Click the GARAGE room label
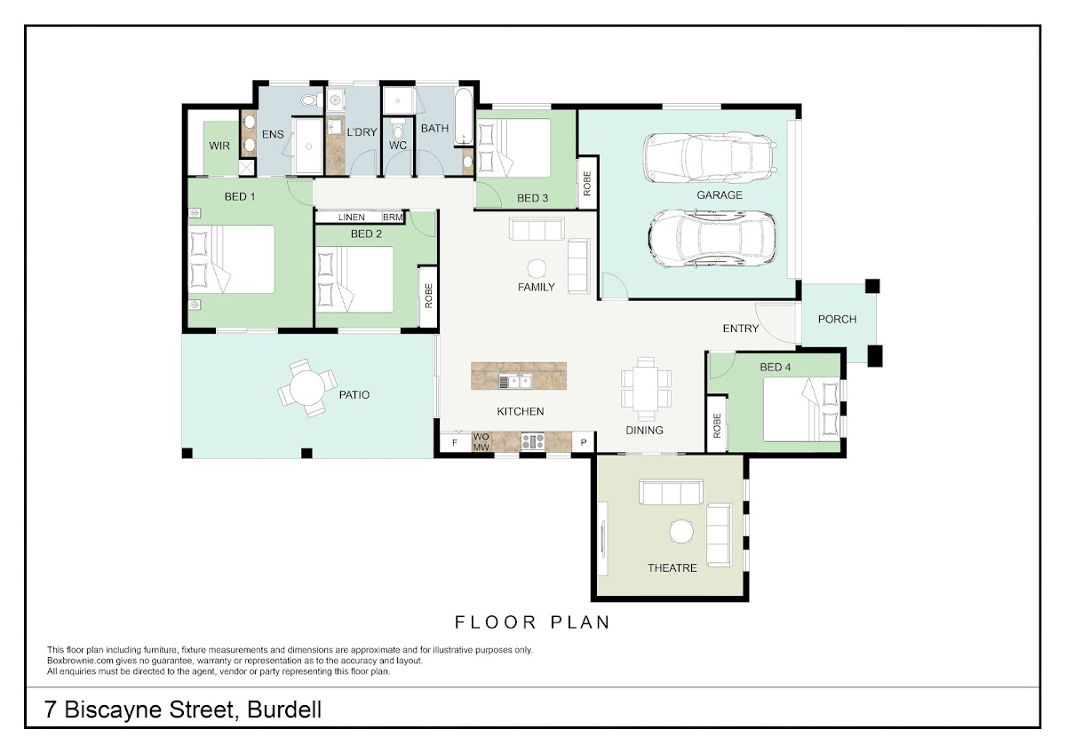pos(719,195)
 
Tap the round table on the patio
pos(307,388)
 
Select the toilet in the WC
pos(398,129)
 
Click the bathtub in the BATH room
pos(464,115)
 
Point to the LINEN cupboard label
pos(351,218)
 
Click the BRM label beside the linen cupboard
pos(393,218)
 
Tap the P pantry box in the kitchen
pos(584,443)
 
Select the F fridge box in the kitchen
pos(455,443)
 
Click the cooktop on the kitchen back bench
pos(533,441)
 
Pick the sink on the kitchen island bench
pos(515,381)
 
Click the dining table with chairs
pos(646,389)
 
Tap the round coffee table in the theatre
pos(681,531)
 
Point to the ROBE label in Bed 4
pos(717,425)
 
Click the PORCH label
pos(837,319)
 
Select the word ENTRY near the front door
pos(741,329)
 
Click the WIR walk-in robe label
pos(219,146)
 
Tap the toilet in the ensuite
pos(311,100)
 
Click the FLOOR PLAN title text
pos(532,622)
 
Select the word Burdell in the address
pos(284,709)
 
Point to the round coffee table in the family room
pos(537,268)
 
